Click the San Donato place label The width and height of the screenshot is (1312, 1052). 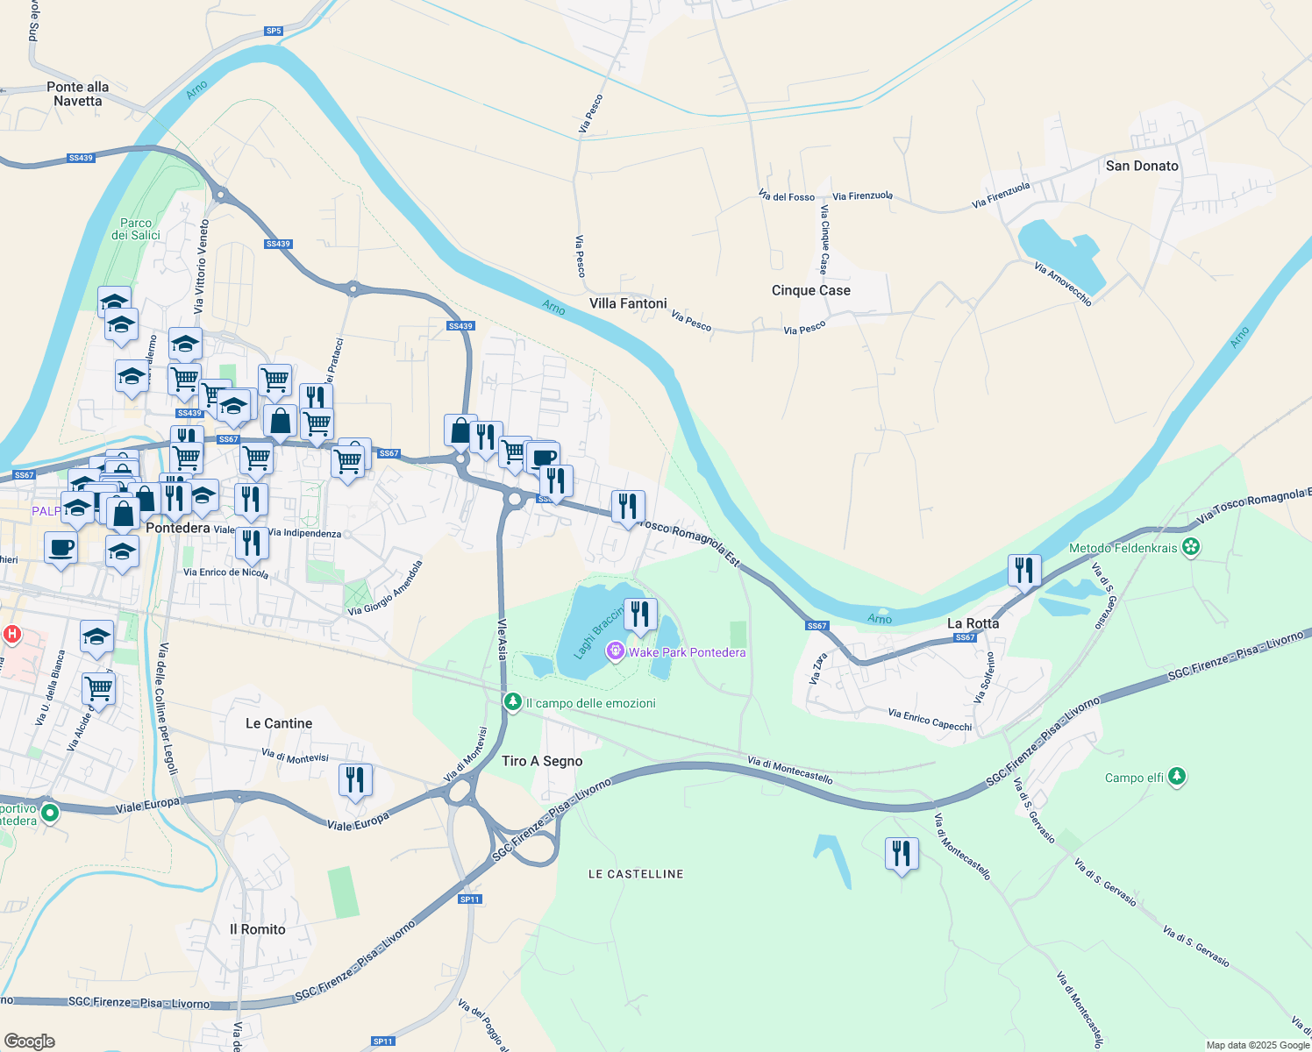click(x=1142, y=166)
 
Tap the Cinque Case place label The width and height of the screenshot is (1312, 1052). click(x=810, y=290)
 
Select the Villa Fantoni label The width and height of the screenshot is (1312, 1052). click(x=628, y=303)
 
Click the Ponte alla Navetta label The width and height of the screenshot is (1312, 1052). click(x=78, y=94)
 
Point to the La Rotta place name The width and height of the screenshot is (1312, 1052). click(x=973, y=623)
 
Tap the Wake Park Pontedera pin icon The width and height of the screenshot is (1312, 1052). click(x=616, y=651)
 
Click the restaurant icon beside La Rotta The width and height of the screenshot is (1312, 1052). click(x=1024, y=571)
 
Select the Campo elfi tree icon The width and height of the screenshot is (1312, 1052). click(x=1177, y=777)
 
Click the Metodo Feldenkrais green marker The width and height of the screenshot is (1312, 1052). click(x=1190, y=548)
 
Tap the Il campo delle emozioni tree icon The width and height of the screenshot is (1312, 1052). click(x=513, y=702)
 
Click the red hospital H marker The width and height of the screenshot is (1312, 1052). click(x=11, y=633)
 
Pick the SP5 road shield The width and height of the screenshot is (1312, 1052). click(x=274, y=32)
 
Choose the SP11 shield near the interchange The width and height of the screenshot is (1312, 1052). click(x=470, y=899)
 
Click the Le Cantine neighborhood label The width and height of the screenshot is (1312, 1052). click(x=279, y=723)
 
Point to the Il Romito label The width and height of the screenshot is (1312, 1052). click(x=258, y=929)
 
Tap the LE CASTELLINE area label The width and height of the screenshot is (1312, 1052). click(x=636, y=874)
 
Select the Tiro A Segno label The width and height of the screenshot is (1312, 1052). click(x=542, y=761)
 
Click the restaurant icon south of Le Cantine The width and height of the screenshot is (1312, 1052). click(x=355, y=779)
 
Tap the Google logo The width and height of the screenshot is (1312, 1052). click(x=30, y=1041)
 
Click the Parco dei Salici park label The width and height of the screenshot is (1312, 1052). click(x=136, y=229)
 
